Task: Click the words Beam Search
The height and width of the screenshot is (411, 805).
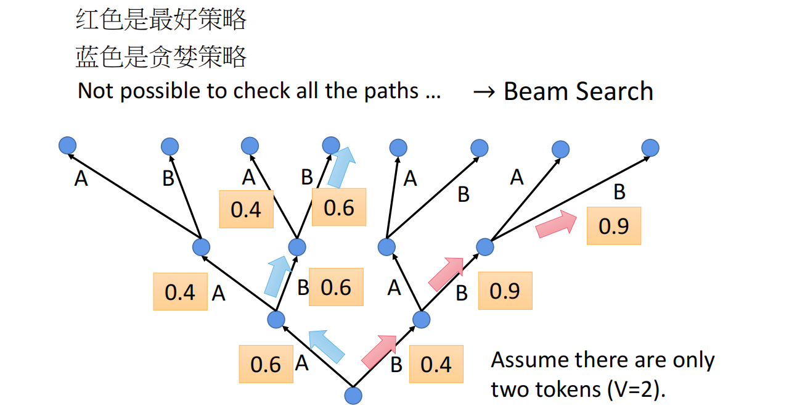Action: (578, 91)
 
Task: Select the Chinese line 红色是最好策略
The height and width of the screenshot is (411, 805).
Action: (161, 20)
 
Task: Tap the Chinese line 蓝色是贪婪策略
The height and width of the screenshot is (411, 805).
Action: (161, 57)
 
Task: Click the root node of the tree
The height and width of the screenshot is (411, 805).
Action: (353, 396)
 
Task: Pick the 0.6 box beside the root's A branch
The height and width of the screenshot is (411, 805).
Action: (266, 364)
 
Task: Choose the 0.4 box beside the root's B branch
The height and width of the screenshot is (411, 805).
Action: (436, 364)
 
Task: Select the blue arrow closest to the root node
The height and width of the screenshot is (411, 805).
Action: (326, 346)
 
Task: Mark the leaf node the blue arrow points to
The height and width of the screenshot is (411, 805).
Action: (332, 145)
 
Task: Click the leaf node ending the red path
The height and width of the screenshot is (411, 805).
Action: (650, 147)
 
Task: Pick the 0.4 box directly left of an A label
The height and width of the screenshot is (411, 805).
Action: (180, 292)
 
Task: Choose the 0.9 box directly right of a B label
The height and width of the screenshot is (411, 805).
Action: (505, 291)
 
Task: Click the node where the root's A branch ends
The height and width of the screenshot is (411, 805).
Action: (276, 319)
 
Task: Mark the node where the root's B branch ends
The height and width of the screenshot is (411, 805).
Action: (421, 319)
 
